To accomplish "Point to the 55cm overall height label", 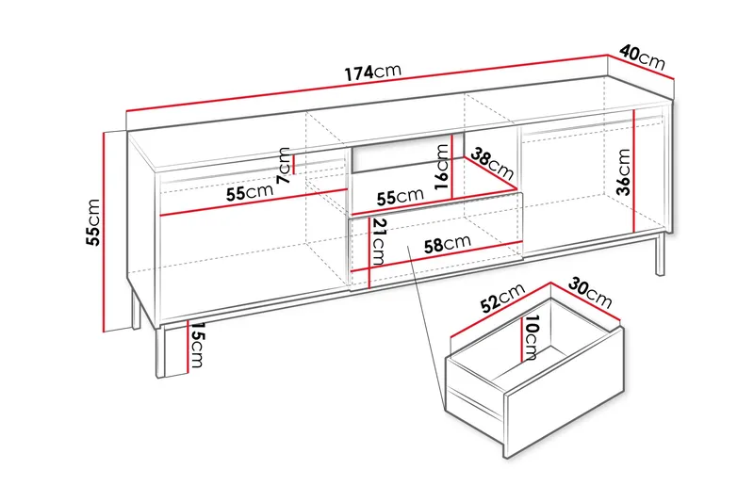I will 92,221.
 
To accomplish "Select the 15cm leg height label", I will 197,350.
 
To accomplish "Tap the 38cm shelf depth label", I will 492,166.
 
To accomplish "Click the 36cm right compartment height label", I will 624,173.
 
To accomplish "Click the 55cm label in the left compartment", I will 249,193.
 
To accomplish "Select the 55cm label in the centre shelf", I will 400,197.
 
